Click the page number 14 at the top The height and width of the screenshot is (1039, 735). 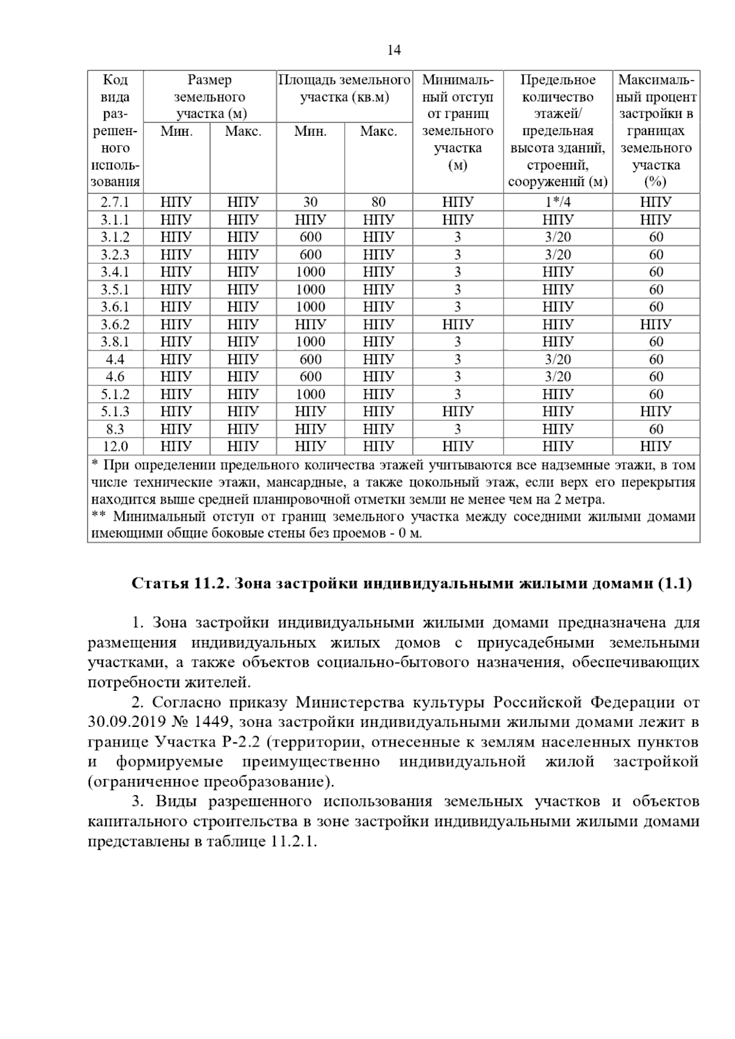coord(394,51)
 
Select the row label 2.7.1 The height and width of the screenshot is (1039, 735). coord(115,202)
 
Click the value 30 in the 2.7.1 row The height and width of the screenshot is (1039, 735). coord(310,202)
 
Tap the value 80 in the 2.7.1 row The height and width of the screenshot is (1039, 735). coord(378,202)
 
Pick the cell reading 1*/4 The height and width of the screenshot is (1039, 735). coord(557,202)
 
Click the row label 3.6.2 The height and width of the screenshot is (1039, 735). coord(115,324)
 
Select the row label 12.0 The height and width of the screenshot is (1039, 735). coord(115,446)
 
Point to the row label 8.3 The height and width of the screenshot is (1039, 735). coord(115,429)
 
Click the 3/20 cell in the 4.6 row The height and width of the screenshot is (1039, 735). coord(557,377)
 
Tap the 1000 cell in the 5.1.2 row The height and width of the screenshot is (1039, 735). coord(310,394)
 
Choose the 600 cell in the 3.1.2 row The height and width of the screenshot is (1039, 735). coord(310,237)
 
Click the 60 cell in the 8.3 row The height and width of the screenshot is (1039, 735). coord(656,429)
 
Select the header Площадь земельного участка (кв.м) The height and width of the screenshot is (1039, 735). coord(344,89)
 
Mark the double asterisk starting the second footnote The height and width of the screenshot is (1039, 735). coord(98,516)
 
